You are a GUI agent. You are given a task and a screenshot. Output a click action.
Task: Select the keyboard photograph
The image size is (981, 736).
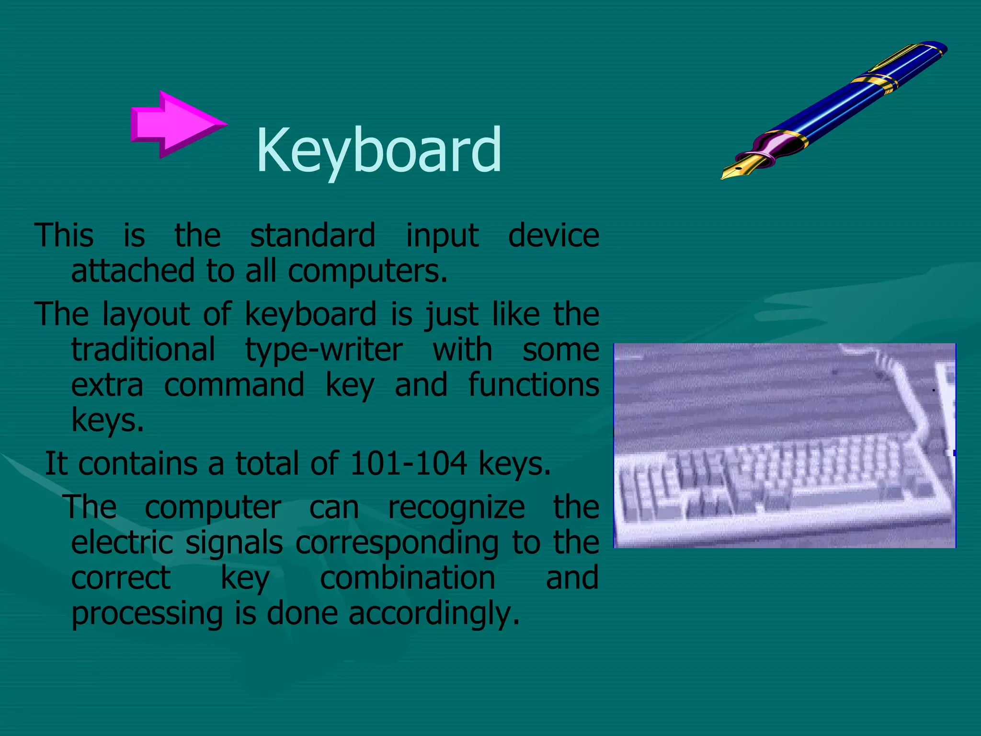pos(784,446)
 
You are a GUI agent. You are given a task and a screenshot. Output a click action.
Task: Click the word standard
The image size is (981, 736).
pos(313,236)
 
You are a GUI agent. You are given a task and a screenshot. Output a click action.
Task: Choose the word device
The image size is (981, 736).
pos(553,236)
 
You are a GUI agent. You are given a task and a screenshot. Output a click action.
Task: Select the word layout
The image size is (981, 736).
pos(146,315)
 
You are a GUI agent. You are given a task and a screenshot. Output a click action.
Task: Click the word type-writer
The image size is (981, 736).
pos(324,350)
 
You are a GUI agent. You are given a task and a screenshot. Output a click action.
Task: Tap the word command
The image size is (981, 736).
pos(234,385)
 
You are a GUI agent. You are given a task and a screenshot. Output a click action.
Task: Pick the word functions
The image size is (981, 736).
pos(533,385)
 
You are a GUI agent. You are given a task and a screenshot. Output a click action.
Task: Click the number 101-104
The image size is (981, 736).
pos(408,463)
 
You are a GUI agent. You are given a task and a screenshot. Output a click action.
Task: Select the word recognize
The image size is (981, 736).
pos(456,508)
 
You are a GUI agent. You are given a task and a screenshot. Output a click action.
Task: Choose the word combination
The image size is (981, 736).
pos(407,578)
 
